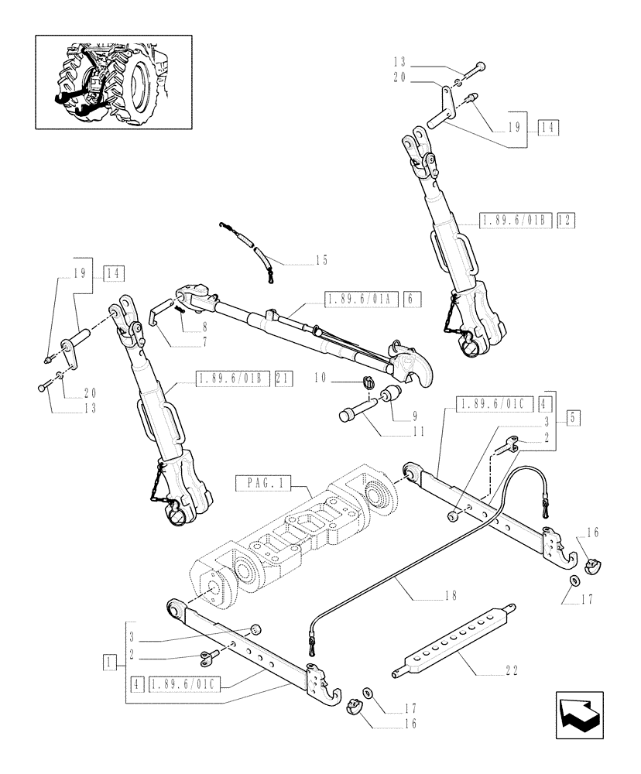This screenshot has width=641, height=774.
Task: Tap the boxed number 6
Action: click(413, 299)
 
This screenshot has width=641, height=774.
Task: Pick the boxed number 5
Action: click(574, 416)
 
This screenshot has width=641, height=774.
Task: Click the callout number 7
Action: click(184, 340)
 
